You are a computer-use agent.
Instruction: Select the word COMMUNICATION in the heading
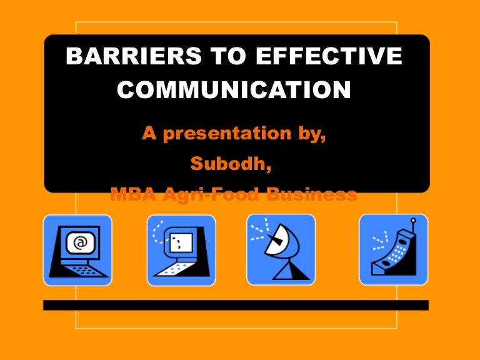234,90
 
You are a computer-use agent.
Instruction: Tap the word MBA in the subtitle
131,194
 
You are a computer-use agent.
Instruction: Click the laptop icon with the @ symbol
77,250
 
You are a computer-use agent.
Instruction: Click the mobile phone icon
393,249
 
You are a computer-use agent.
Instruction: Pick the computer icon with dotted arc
181,250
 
